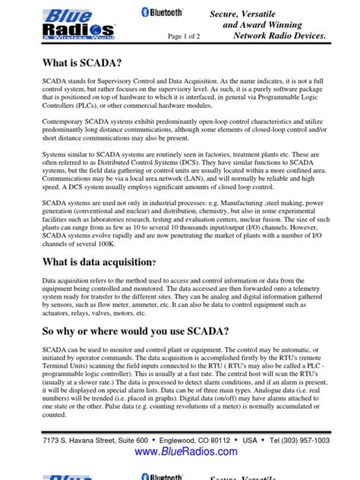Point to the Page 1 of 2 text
click(187, 36)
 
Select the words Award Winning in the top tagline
click(278, 24)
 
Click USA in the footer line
click(249, 440)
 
